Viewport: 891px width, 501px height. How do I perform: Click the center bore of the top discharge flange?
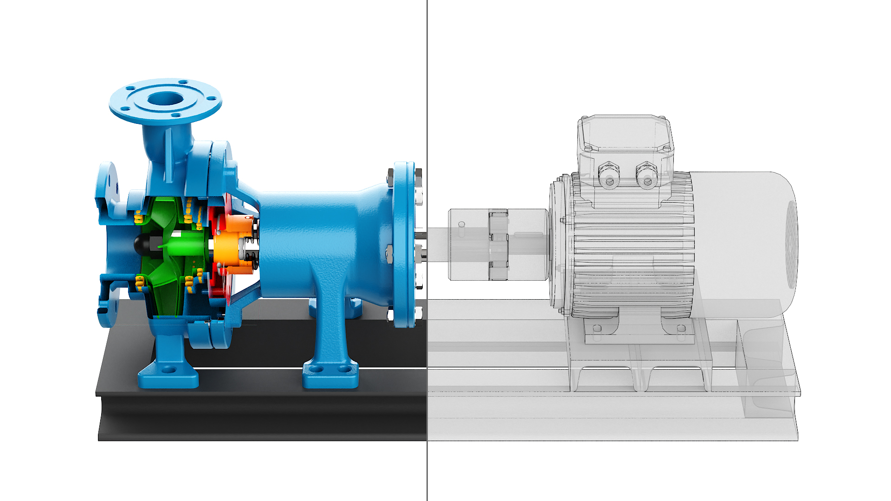pyautogui.click(x=165, y=98)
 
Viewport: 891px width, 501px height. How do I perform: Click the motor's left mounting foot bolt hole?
pyautogui.click(x=598, y=329)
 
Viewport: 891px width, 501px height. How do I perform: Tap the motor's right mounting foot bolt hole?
pyautogui.click(x=681, y=329)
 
